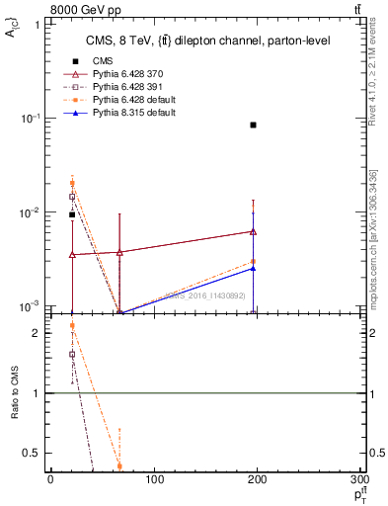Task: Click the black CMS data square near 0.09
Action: [x=254, y=125]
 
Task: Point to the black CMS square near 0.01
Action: [x=72, y=214]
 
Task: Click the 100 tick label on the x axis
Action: [x=154, y=479]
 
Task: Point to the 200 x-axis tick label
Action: [x=259, y=479]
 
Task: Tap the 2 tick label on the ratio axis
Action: [x=39, y=333]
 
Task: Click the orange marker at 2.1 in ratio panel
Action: [x=72, y=326]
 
